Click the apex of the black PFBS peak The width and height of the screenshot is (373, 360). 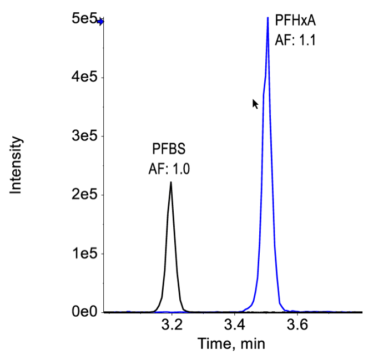(x=171, y=182)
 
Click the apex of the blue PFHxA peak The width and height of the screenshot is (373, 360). (x=268, y=18)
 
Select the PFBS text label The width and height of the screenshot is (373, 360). (x=169, y=149)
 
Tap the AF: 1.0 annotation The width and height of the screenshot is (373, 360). (x=169, y=169)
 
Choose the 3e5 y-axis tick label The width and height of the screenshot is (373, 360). (x=82, y=136)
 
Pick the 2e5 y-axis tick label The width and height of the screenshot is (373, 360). (x=82, y=195)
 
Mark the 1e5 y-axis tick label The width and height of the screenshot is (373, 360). (x=82, y=253)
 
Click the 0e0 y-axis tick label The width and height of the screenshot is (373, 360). (x=82, y=312)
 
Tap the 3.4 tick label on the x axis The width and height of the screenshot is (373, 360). (x=235, y=326)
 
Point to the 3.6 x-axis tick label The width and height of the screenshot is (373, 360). (x=298, y=326)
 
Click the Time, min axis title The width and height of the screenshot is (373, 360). (x=231, y=344)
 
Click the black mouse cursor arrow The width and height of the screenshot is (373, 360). (x=255, y=103)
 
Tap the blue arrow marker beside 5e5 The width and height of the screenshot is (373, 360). (x=100, y=22)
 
